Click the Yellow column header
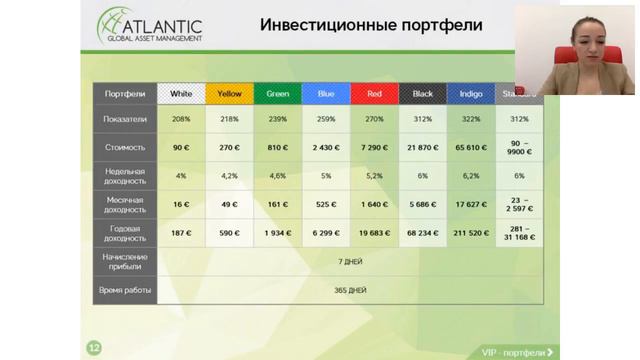pyautogui.click(x=229, y=94)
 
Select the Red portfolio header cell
pyautogui.click(x=374, y=94)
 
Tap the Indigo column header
pyautogui.click(x=470, y=94)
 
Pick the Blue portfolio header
pyautogui.click(x=326, y=94)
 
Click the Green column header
pyautogui.click(x=278, y=94)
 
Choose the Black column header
pyautogui.click(x=422, y=94)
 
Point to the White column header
pyautogui.click(x=181, y=94)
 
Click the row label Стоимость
pyautogui.click(x=125, y=147)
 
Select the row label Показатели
pyautogui.click(x=125, y=119)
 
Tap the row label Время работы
pyautogui.click(x=125, y=290)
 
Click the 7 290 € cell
pyautogui.click(x=374, y=147)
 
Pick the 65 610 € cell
pyautogui.click(x=470, y=147)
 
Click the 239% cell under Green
pyautogui.click(x=278, y=119)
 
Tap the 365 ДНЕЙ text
pyautogui.click(x=350, y=290)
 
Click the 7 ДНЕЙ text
pyautogui.click(x=350, y=261)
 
